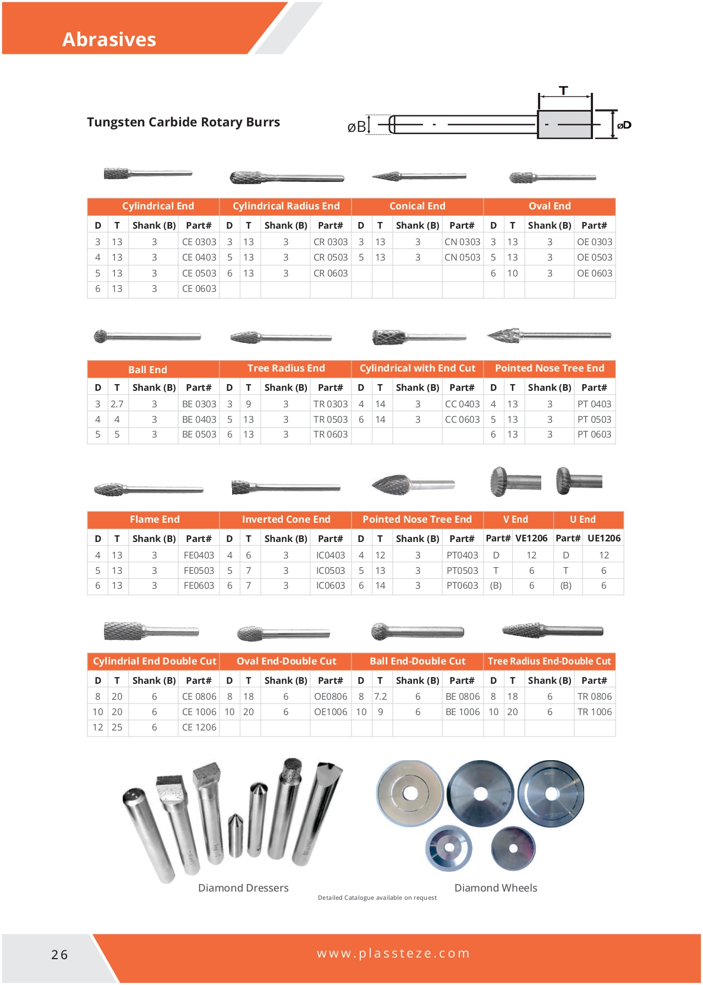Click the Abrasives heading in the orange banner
[x=109, y=40]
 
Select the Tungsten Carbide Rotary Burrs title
[x=183, y=122]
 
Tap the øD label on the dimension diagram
[x=624, y=125]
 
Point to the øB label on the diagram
[x=356, y=127]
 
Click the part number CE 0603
[x=199, y=289]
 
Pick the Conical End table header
[x=417, y=206]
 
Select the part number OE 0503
[x=594, y=257]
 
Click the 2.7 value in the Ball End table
[x=117, y=404]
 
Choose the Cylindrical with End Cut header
[x=417, y=368]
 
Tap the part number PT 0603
[x=594, y=434]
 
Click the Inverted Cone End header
[x=286, y=519]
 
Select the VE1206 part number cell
[x=531, y=538]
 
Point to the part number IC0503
[x=331, y=571]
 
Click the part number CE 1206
[x=199, y=727]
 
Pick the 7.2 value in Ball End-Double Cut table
[x=381, y=696]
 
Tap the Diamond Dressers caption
[x=243, y=888]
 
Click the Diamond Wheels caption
[x=496, y=888]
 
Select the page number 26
[x=59, y=955]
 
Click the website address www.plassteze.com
[x=393, y=953]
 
